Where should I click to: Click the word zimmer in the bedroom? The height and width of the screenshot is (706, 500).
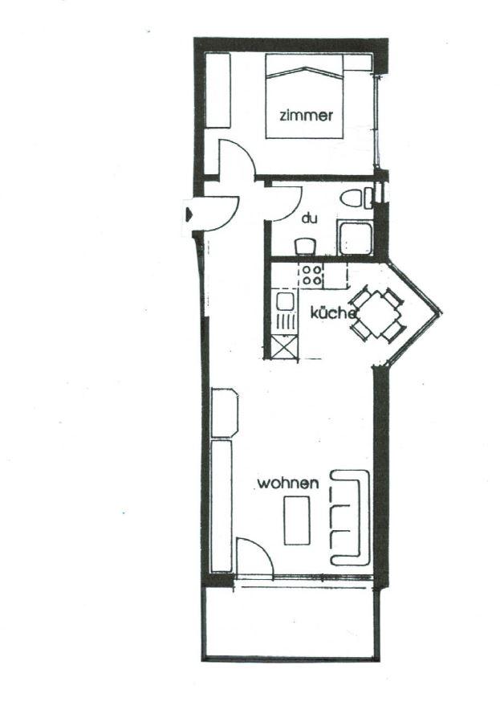click(306, 116)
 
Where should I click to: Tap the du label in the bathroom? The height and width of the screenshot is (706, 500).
click(309, 218)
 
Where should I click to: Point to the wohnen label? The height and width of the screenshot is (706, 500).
click(288, 484)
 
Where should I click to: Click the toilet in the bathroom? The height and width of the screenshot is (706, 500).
click(354, 198)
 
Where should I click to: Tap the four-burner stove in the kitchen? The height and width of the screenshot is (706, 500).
click(311, 275)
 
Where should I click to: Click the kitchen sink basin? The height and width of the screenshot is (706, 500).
click(285, 300)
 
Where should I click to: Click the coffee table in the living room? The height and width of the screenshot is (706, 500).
click(297, 520)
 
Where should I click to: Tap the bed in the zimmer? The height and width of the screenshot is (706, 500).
click(304, 96)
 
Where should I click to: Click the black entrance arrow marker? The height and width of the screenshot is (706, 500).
click(189, 213)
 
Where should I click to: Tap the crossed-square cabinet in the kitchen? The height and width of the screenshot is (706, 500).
click(285, 347)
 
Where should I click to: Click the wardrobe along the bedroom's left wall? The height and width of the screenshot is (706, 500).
click(217, 91)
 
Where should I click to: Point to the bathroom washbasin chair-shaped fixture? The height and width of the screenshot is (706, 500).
click(306, 247)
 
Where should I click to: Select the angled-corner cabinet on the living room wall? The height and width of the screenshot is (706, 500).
click(224, 412)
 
